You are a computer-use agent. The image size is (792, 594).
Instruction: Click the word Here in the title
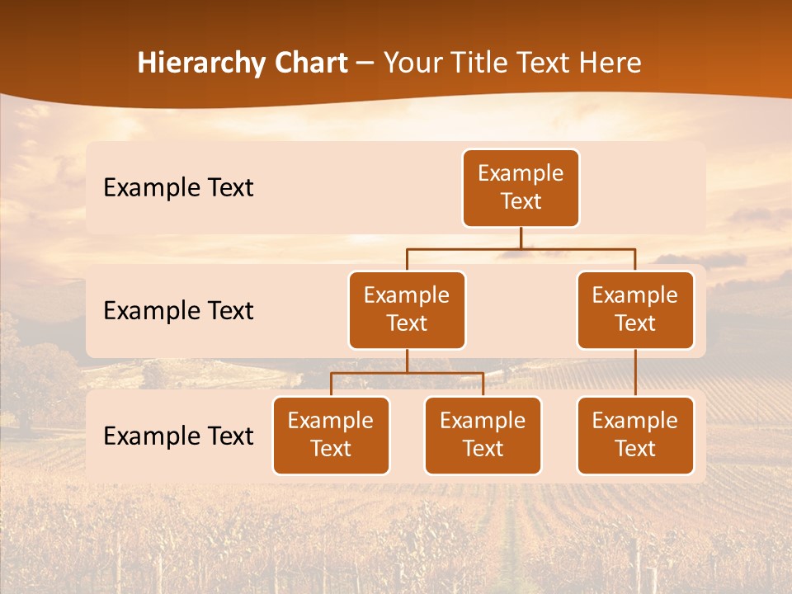pos(610,63)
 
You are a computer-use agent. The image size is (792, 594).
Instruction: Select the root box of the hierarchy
pos(521,188)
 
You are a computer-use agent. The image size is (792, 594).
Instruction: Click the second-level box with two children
pos(407,310)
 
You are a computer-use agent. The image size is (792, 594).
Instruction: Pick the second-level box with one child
pos(635,310)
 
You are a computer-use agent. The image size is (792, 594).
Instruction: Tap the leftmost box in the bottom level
pos(331,436)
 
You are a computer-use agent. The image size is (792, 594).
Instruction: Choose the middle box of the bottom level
pos(483,436)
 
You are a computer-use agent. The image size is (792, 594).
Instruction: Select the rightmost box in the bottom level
pos(635,436)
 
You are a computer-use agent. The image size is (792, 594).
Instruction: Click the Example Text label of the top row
pos(178,188)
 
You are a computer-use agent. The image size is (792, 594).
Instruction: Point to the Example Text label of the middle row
pos(178,311)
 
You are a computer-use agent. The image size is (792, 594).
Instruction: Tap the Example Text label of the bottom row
pos(178,436)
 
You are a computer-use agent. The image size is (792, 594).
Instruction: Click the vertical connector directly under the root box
pos(521,238)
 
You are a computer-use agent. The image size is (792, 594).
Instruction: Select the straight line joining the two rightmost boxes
pos(635,373)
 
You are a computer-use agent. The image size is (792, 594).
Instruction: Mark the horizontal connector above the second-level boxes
pos(521,248)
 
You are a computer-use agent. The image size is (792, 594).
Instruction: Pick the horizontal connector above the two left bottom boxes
pos(407,373)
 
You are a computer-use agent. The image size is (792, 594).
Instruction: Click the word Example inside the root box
pos(521,174)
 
